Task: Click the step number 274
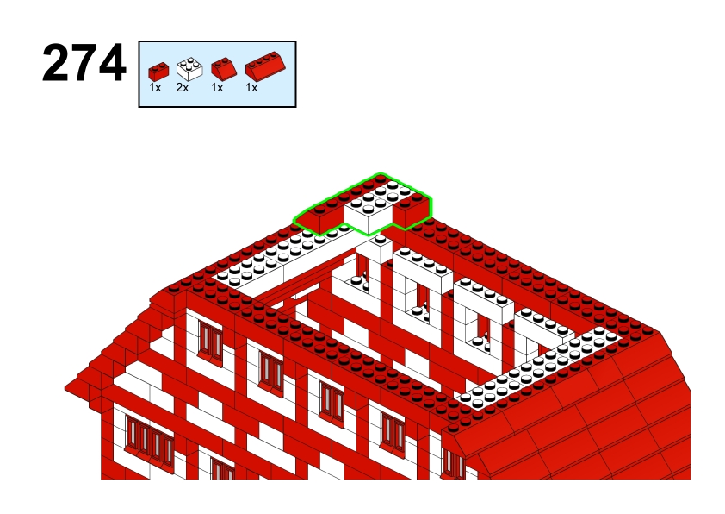click(x=84, y=63)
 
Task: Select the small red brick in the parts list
click(x=158, y=72)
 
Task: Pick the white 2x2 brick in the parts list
click(x=189, y=69)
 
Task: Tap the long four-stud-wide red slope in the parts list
click(x=265, y=66)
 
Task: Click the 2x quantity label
click(x=183, y=87)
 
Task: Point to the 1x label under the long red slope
click(x=251, y=87)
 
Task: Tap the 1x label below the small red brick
click(x=155, y=87)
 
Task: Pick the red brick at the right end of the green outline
click(x=412, y=210)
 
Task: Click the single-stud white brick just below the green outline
click(x=380, y=249)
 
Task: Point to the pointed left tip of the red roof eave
click(x=65, y=387)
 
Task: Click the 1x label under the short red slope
click(x=217, y=87)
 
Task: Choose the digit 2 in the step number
click(x=56, y=63)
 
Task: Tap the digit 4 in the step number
click(x=112, y=63)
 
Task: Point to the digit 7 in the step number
click(x=84, y=64)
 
